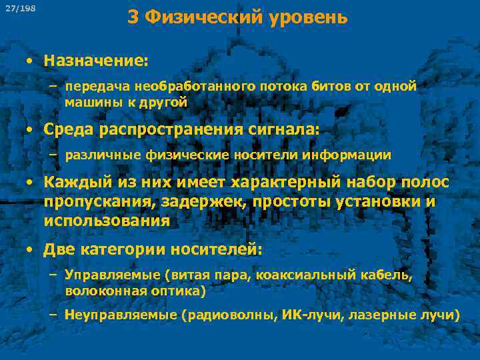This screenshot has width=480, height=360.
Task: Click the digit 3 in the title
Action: pos(133,17)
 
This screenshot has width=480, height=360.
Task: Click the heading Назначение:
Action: pos(96,61)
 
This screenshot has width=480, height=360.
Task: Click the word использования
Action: pos(107,220)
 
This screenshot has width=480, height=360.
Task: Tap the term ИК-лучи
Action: pos(303,315)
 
